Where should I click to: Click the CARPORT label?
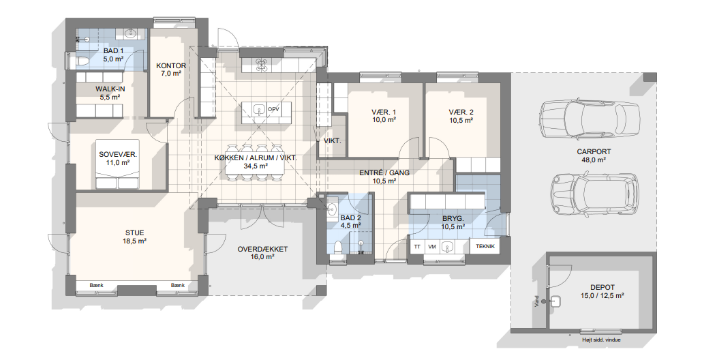point(594,151)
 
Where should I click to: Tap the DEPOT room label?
point(602,287)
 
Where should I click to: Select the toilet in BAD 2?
point(338,247)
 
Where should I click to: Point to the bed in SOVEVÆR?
point(117,164)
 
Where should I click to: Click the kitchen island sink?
point(259,110)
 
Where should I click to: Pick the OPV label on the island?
point(273,109)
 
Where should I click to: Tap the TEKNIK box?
point(485,247)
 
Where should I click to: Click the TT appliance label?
point(417,247)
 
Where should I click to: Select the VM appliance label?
point(431,247)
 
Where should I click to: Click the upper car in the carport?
point(589,119)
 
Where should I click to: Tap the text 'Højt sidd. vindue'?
point(602,340)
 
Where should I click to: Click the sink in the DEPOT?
point(557,301)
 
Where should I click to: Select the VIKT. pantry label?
point(333,141)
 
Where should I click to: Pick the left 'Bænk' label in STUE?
point(96,286)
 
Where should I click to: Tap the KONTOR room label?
point(171,66)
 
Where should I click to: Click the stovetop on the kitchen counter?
point(262,65)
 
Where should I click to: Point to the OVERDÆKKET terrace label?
point(262,250)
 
